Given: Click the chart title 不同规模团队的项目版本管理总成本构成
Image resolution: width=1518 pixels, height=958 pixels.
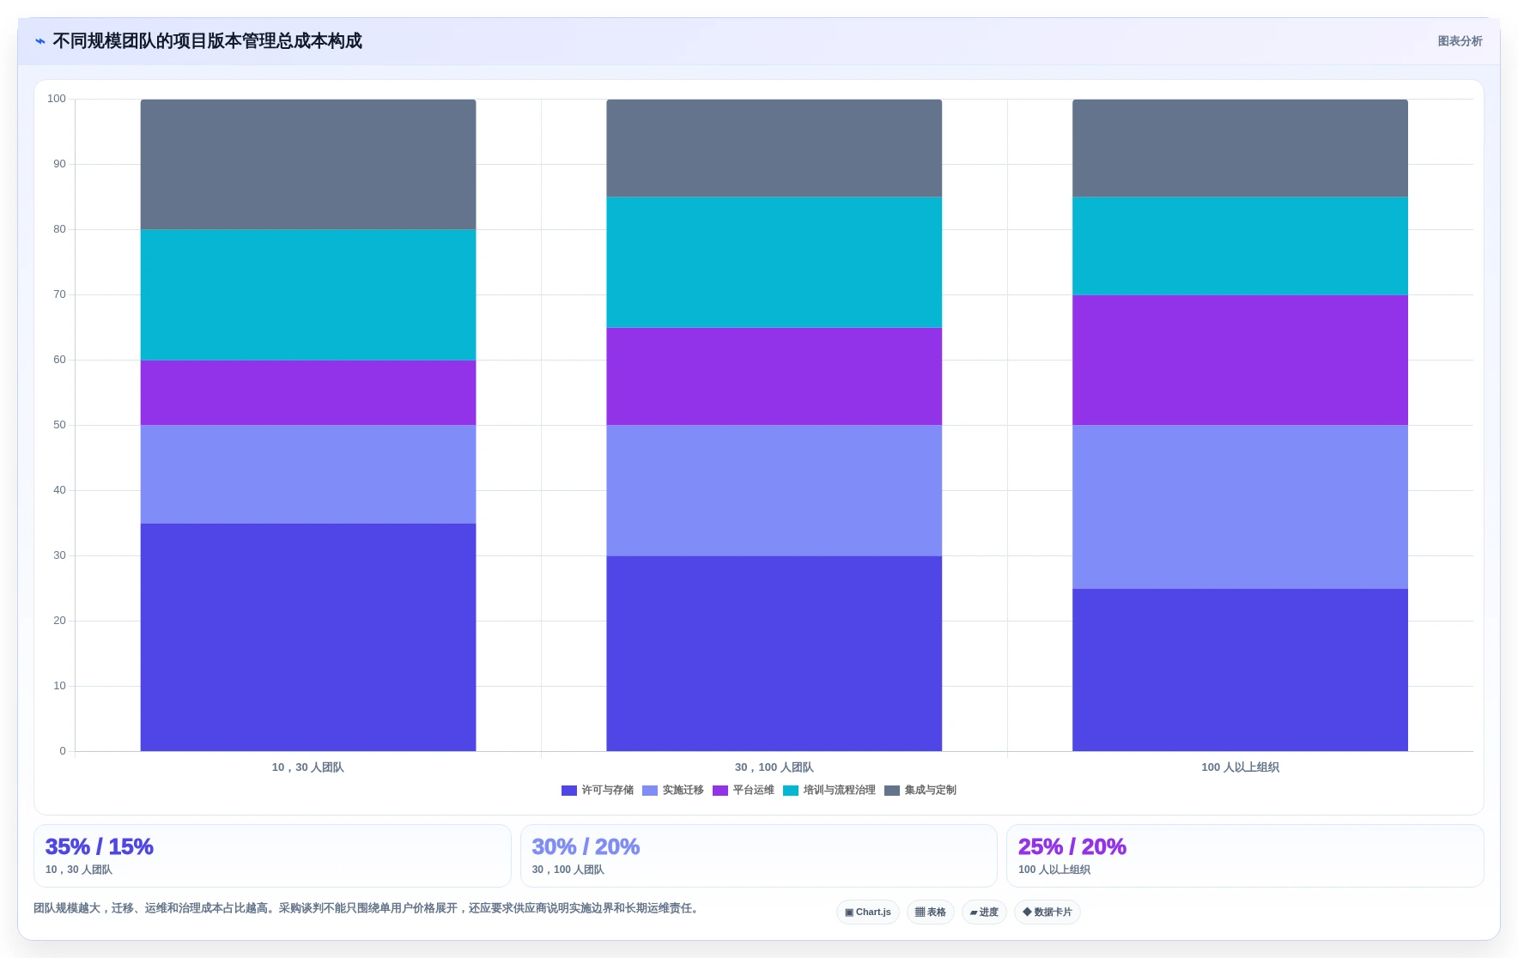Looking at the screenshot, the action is pos(207,41).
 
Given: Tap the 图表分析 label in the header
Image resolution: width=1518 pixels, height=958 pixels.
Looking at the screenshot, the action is pos(1460,41).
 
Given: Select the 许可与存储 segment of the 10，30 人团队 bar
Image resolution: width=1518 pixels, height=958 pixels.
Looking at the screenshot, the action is pos(308,637).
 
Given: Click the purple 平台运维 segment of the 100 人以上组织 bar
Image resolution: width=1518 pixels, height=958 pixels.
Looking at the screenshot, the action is pos(1240,360).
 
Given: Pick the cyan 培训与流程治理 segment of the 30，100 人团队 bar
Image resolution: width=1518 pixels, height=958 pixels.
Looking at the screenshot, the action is pos(774,262).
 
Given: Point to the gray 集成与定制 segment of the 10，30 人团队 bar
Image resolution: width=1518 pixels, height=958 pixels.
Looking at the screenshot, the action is pos(308,164).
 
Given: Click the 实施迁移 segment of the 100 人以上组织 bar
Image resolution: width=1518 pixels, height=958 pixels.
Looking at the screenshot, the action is pos(1240,506).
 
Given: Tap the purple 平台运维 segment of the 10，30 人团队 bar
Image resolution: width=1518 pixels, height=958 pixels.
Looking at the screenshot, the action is pos(308,392).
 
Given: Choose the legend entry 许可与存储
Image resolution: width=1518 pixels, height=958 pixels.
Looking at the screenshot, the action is pos(598,791).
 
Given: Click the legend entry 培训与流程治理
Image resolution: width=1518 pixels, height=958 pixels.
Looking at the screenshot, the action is pos(829,791).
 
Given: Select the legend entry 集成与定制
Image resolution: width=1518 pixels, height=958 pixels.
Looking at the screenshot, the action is pos(920,791).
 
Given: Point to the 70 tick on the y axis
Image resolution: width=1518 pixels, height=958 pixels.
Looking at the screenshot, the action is pos(59,294).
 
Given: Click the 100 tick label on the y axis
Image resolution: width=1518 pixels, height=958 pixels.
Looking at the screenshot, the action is pos(57,99).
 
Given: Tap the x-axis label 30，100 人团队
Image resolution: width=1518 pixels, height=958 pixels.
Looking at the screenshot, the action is pos(774,767).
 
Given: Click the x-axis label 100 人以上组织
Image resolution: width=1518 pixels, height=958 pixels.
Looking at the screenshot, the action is pos(1240,767).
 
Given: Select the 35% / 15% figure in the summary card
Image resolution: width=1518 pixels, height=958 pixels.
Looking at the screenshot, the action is pos(99,846).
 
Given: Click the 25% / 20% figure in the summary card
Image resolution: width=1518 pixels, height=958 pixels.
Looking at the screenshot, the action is pos(1072,846).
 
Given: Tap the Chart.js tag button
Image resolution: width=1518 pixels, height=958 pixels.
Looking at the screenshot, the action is pos(868,912).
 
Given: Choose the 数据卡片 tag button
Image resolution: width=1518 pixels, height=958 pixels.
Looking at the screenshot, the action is pos(1047,912).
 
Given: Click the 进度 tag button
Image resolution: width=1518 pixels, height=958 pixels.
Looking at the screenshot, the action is pos(984,912).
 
